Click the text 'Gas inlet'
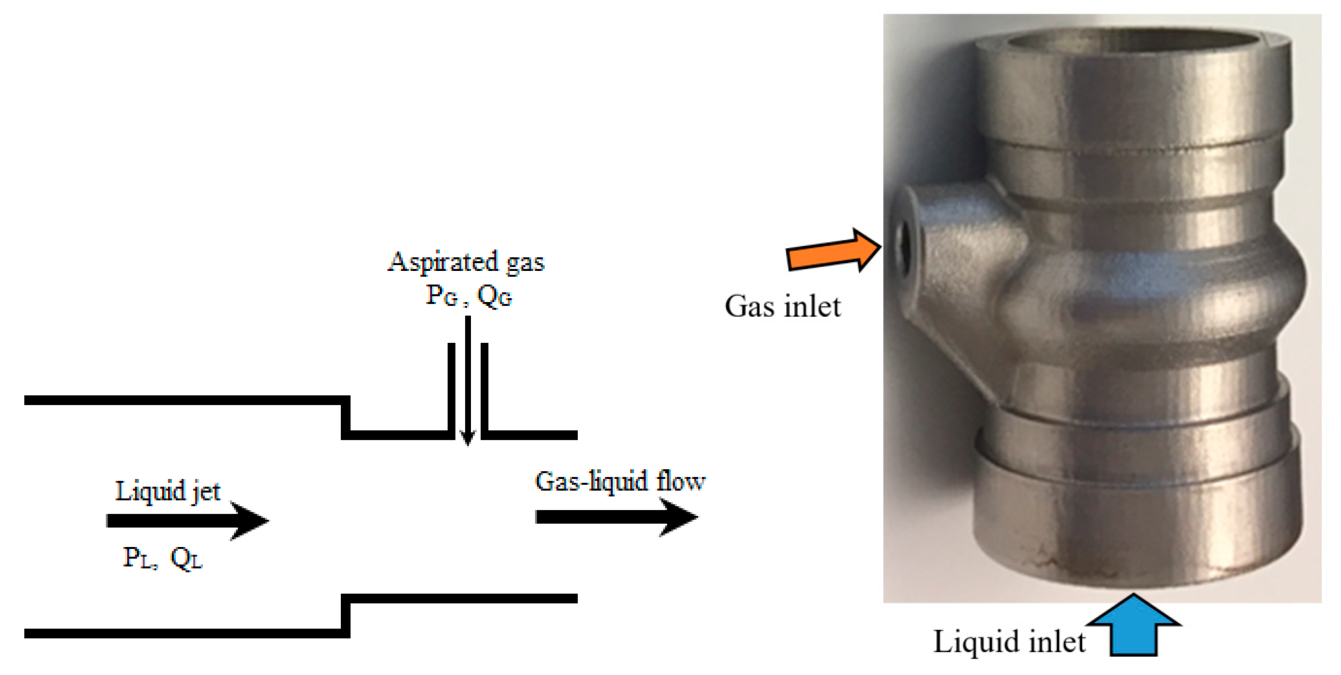pyautogui.click(x=782, y=307)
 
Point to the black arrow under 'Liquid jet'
pyautogui.click(x=187, y=521)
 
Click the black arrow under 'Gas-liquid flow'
pyautogui.click(x=616, y=517)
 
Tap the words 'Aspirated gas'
pyautogui.click(x=466, y=262)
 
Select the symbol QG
pyautogui.click(x=494, y=296)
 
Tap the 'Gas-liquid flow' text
pyautogui.click(x=619, y=481)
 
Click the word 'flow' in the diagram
pyautogui.click(x=680, y=481)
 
